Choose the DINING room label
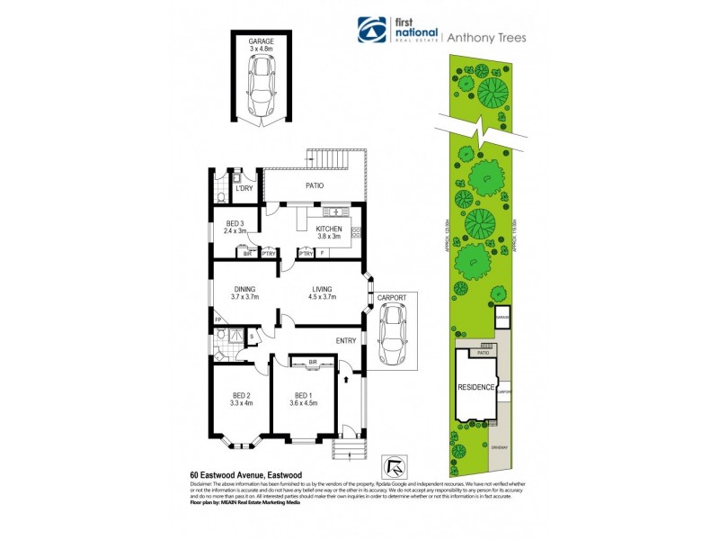(244, 289)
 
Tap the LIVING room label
(322, 289)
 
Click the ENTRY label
(346, 341)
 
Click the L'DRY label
(244, 188)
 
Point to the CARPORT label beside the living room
(393, 298)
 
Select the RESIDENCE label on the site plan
(476, 387)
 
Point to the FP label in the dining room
(217, 319)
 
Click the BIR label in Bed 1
(313, 363)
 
